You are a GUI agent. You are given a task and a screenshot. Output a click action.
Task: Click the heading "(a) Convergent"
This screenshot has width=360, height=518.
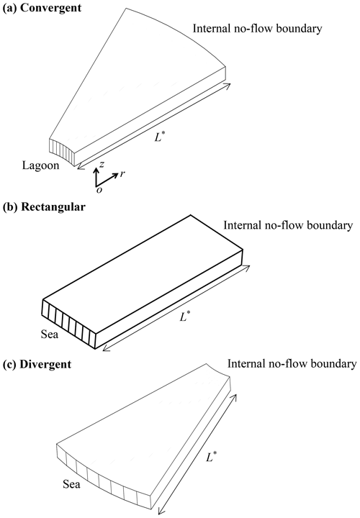42,8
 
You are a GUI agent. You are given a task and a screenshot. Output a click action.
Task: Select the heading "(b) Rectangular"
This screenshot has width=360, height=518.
44,206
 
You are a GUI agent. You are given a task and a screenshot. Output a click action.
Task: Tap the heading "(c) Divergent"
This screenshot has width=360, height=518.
37,364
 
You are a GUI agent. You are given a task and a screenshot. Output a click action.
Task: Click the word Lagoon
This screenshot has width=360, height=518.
40,165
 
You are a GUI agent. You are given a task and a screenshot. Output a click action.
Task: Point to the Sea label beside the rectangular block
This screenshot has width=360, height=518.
50,335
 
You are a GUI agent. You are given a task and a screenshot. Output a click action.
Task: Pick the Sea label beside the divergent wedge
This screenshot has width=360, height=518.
71,485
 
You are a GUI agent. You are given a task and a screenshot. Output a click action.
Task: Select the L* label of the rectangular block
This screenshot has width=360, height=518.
184,317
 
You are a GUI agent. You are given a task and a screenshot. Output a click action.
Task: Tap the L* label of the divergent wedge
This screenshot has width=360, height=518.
211,457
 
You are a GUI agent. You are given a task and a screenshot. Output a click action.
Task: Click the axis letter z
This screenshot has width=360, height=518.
102,164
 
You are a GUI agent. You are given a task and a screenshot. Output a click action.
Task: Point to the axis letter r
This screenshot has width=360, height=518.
122,173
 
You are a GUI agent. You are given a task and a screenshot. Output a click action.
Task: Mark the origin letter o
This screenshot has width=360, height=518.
99,190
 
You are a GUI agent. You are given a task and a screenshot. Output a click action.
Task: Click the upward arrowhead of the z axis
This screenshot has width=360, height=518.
96,170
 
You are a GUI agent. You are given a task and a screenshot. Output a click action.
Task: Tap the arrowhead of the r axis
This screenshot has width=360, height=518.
115,175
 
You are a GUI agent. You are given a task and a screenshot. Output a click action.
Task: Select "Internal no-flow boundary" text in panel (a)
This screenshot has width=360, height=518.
257,29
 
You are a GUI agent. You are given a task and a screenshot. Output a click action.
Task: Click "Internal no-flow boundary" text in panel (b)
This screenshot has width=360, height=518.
288,225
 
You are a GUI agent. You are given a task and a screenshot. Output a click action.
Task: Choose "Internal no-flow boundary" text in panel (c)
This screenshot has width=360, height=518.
292,364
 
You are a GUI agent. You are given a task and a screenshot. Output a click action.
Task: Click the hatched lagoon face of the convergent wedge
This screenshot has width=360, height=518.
61,152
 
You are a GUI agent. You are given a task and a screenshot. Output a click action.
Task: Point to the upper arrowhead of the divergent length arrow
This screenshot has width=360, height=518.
235,396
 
